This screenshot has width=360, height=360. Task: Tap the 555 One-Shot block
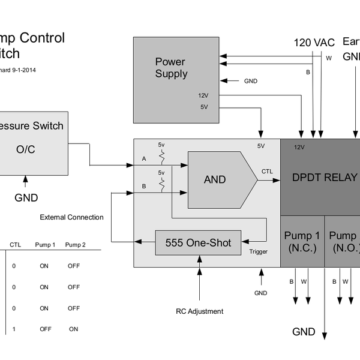[x=198, y=242]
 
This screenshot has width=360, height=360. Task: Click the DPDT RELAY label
[x=324, y=178]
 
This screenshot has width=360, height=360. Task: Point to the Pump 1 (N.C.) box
[x=302, y=242]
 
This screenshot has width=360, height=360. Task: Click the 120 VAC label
[x=314, y=43]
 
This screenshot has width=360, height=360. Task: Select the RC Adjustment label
[x=199, y=311]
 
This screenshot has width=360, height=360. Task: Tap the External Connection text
[x=71, y=217]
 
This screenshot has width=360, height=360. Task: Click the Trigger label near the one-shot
[x=259, y=252]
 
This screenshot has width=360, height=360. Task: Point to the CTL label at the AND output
[x=267, y=172]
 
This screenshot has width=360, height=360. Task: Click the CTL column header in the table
[x=15, y=245]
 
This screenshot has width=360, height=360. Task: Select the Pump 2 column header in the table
[x=76, y=245]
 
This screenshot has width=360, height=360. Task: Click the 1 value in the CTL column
[x=14, y=329]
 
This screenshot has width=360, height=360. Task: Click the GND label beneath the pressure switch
[x=26, y=198]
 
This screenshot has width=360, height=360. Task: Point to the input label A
[x=143, y=159]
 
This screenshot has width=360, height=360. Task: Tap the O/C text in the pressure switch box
[x=25, y=149]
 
